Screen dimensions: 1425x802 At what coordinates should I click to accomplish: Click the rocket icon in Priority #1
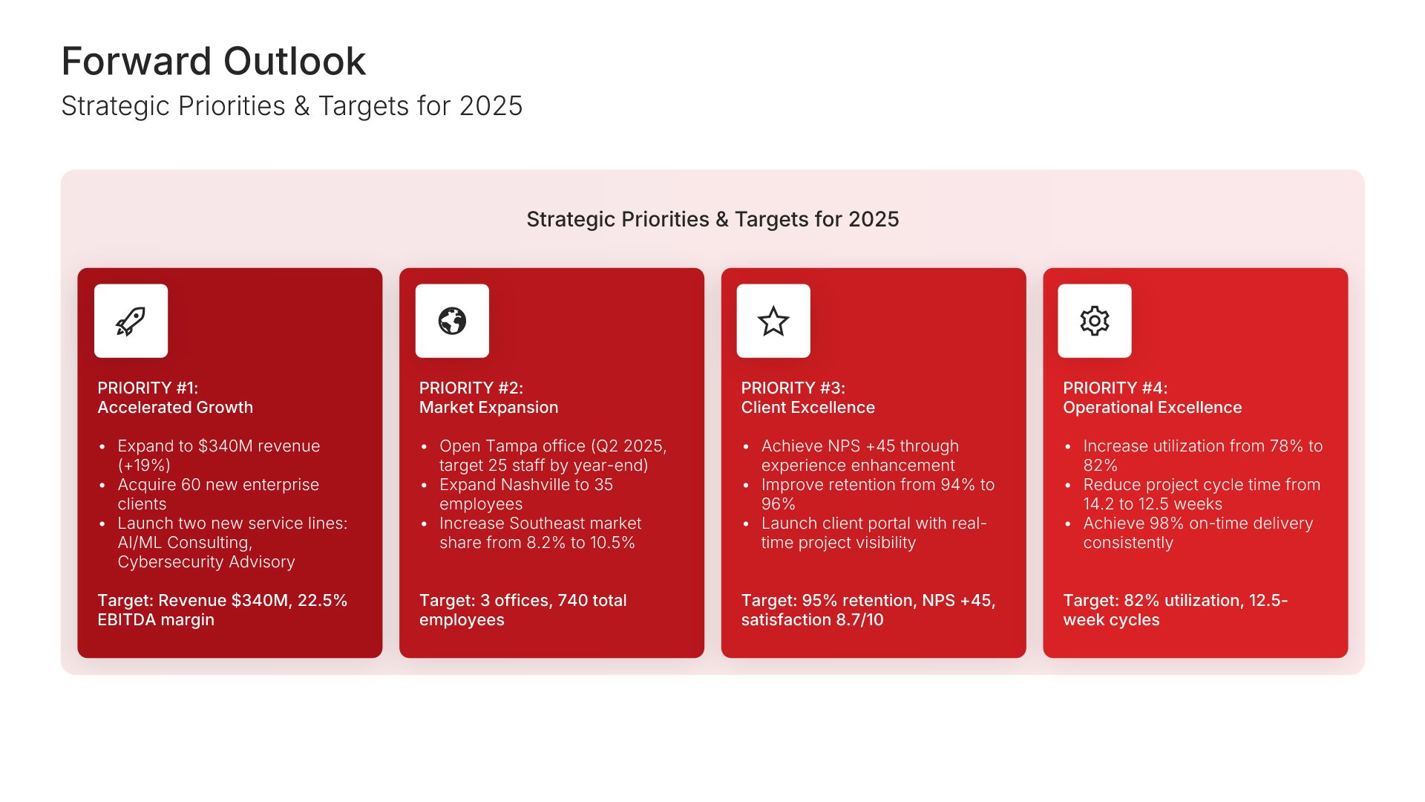[x=131, y=321]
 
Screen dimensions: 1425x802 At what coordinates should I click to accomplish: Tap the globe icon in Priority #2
[x=452, y=321]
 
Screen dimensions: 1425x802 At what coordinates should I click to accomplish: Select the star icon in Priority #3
[x=773, y=321]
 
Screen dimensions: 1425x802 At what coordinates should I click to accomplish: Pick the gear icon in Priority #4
[x=1095, y=321]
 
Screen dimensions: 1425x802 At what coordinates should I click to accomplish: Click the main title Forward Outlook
[x=214, y=61]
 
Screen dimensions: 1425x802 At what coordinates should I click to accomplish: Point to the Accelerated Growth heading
[x=175, y=407]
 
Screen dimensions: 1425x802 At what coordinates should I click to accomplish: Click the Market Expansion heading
[x=488, y=407]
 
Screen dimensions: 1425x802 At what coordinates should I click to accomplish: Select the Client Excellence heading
[x=807, y=407]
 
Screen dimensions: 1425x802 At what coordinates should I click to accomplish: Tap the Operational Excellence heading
[x=1152, y=407]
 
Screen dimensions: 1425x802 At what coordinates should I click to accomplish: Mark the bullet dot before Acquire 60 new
[x=102, y=486]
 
